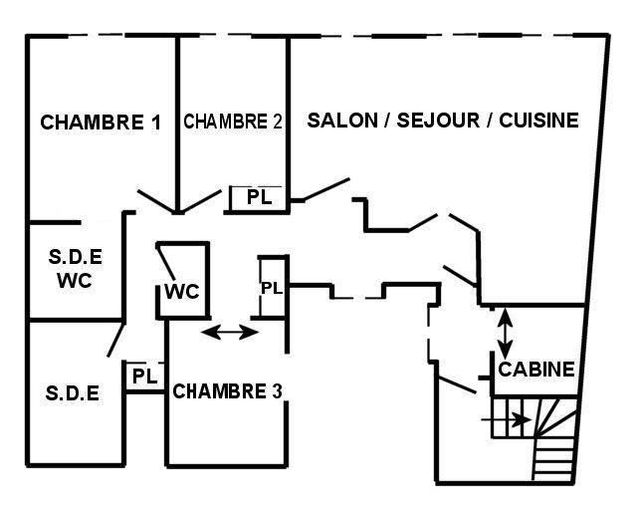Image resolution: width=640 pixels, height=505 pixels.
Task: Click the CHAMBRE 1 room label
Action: click(x=101, y=123)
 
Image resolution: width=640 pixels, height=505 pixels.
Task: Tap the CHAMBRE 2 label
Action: click(x=233, y=122)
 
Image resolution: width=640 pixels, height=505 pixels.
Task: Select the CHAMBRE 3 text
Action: click(x=227, y=391)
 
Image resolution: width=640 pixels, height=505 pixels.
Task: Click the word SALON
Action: click(x=342, y=121)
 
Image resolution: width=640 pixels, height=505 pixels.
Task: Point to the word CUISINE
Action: click(x=538, y=121)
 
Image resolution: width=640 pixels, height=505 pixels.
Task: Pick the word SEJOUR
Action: click(x=438, y=121)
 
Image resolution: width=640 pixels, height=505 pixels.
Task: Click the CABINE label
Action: click(x=536, y=370)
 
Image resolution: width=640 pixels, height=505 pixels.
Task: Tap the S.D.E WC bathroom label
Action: click(x=75, y=268)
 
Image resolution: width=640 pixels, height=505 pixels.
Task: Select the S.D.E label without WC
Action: click(x=73, y=393)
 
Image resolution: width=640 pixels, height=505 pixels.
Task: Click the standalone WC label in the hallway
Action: click(x=181, y=291)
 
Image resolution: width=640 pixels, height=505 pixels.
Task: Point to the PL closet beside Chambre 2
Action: click(x=259, y=197)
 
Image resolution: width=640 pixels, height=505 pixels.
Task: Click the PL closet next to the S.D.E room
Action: click(x=145, y=376)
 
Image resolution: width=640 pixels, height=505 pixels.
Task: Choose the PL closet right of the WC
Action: click(x=272, y=288)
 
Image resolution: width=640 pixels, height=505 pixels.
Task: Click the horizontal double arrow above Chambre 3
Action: click(x=230, y=332)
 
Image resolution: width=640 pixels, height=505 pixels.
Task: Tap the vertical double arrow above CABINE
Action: click(x=506, y=334)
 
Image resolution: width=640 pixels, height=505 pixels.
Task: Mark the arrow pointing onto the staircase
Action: click(x=506, y=419)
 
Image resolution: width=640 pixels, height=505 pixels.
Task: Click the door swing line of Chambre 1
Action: click(x=156, y=201)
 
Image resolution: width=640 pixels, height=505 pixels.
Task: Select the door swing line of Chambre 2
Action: click(x=201, y=201)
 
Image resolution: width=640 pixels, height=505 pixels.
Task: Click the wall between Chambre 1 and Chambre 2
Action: click(x=177, y=125)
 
